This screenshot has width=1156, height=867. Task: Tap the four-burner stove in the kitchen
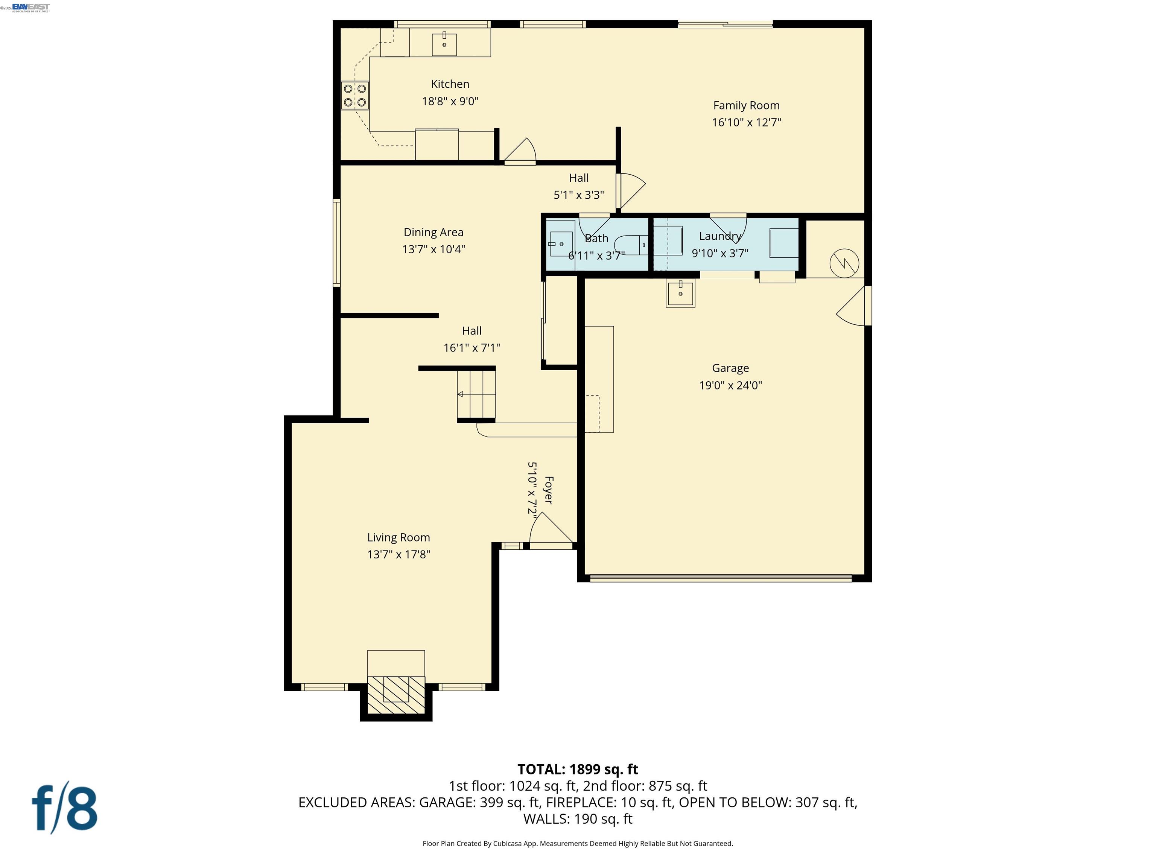pyautogui.click(x=355, y=96)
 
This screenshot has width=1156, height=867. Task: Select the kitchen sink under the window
pyautogui.click(x=444, y=44)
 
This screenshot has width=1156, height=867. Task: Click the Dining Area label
pyautogui.click(x=433, y=232)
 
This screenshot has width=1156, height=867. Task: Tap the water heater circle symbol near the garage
pyautogui.click(x=844, y=263)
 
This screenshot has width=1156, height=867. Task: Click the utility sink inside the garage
pyautogui.click(x=680, y=294)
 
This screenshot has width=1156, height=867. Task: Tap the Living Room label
pyautogui.click(x=398, y=537)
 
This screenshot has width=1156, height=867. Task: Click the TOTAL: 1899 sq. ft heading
pyautogui.click(x=578, y=769)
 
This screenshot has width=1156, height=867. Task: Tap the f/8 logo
pyautogui.click(x=65, y=809)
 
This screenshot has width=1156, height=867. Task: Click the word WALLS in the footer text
pyautogui.click(x=546, y=819)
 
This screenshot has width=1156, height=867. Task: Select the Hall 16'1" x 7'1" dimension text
pyautogui.click(x=472, y=348)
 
